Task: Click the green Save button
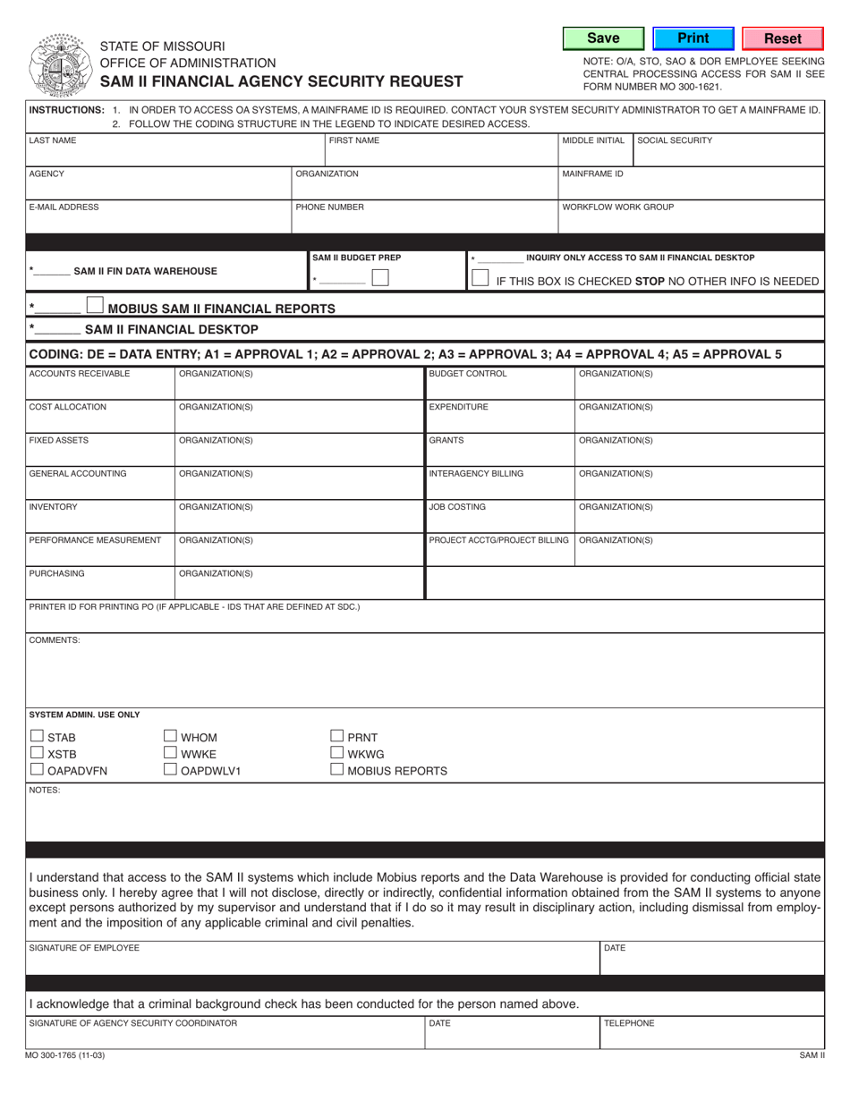pos(603,38)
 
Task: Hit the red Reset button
pos(782,38)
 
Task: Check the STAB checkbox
pos(37,736)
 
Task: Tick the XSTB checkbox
pos(37,753)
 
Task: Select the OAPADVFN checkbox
pos(37,769)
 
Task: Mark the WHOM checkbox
pos(171,736)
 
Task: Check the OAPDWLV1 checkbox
pos(171,769)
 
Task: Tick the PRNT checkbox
pos(337,736)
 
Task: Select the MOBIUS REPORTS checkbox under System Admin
pos(337,769)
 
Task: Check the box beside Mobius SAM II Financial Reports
pos(95,306)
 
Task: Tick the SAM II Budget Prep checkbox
pos(380,278)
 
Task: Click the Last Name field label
pos(53,140)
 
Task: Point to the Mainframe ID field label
pos(592,173)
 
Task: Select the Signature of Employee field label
pos(84,947)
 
